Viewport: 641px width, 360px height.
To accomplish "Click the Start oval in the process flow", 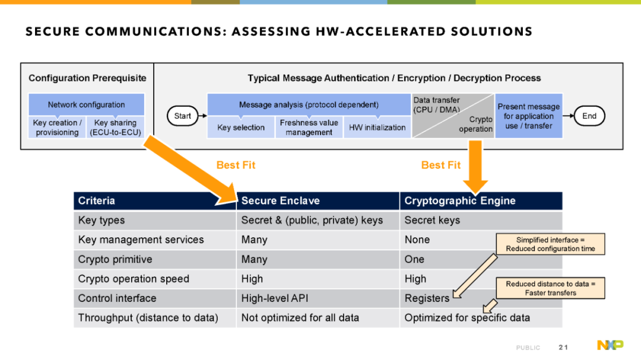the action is [182, 116].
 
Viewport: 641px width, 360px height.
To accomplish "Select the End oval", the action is [589, 116].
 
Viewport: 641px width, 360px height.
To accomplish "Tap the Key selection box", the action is [241, 128].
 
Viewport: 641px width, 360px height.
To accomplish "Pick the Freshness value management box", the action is [309, 128].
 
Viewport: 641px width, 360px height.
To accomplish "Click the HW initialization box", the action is [377, 128].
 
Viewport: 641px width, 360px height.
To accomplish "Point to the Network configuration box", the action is [86, 104].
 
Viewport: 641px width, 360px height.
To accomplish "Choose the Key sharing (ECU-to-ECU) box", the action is [115, 128].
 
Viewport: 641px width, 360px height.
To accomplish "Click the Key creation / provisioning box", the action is [57, 128].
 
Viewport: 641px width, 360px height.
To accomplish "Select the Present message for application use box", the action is [529, 116].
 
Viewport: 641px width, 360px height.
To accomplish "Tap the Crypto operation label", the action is [475, 124].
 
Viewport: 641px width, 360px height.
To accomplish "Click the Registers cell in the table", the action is [427, 298].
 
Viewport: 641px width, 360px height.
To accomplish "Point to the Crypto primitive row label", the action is [115, 260].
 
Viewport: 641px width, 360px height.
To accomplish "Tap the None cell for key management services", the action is [417, 240].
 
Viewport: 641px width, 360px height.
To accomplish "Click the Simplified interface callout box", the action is [550, 244].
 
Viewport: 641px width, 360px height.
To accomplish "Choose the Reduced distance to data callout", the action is [550, 288].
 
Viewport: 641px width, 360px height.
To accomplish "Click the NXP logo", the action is [610, 345].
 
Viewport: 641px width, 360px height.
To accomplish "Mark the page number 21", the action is [563, 348].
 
